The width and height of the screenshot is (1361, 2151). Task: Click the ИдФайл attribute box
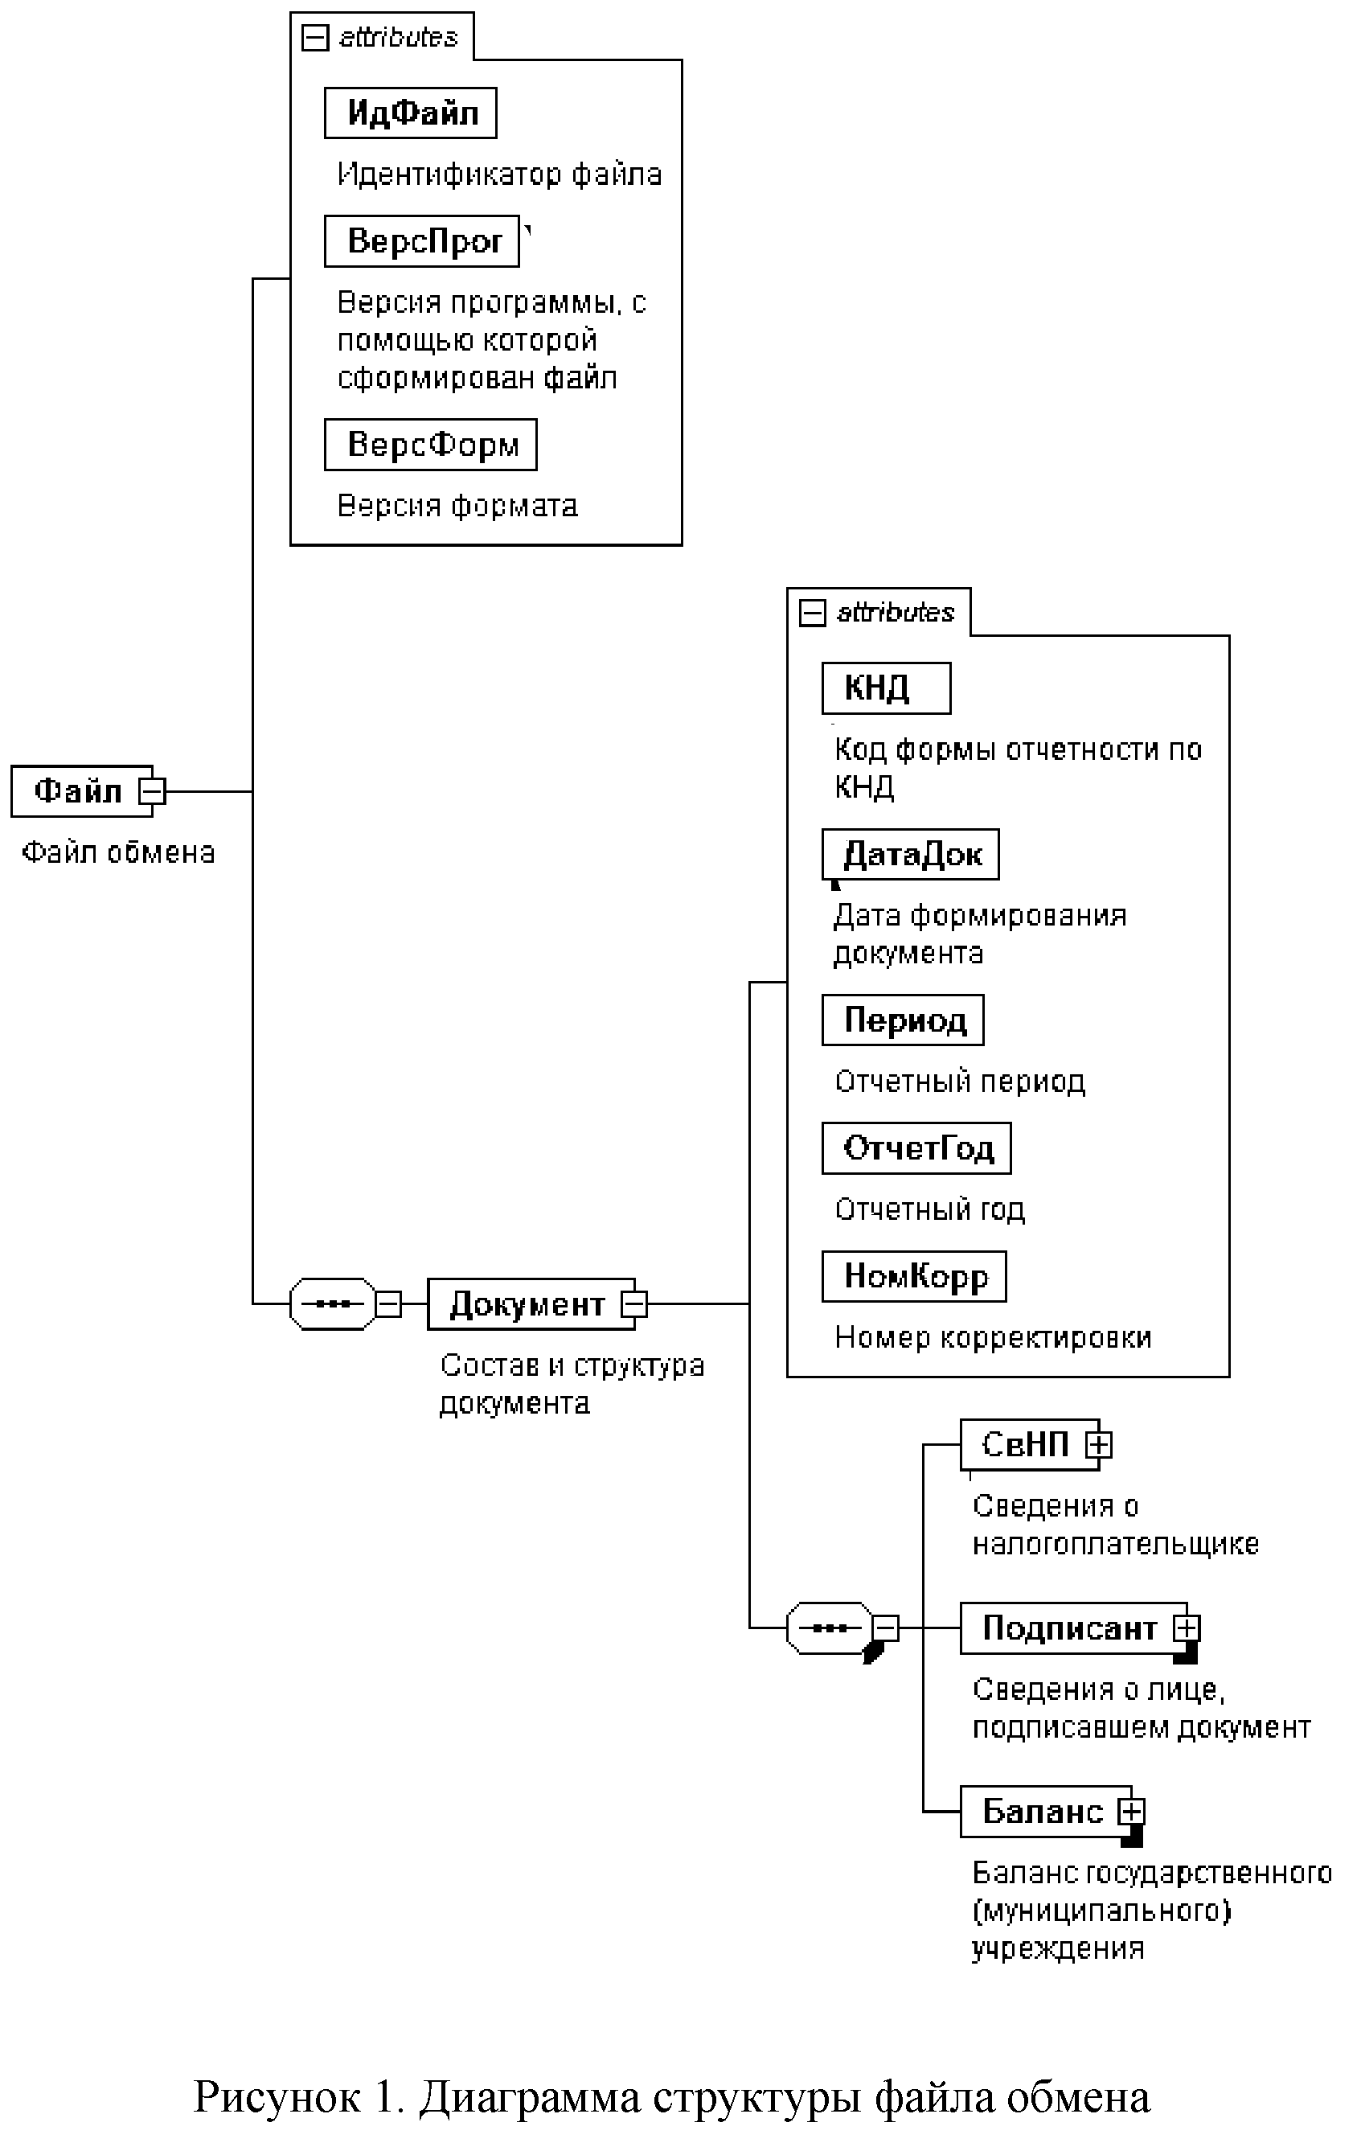point(410,113)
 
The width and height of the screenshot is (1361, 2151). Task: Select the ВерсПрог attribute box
point(421,241)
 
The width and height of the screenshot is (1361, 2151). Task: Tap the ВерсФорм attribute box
point(430,445)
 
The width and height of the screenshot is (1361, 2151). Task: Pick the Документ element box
point(527,1304)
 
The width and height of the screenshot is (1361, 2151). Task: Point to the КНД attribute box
point(886,688)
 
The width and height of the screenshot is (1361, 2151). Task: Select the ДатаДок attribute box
point(910,854)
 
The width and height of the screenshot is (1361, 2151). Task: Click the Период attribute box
point(903,1020)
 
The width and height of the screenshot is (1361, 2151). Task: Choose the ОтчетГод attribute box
point(916,1147)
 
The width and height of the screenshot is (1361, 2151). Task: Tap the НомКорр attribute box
point(913,1276)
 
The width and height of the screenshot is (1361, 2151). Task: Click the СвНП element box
point(1024,1444)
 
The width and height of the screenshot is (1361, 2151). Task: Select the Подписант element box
point(1068,1628)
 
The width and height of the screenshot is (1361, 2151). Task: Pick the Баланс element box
point(1041,1811)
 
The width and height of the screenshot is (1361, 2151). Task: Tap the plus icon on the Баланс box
point(1132,1811)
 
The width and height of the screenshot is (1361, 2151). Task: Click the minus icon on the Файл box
point(153,791)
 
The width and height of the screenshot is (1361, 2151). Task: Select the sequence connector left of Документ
point(332,1304)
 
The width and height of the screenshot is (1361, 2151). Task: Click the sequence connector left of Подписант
point(829,1628)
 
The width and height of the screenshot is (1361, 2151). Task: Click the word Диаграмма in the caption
point(530,2096)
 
